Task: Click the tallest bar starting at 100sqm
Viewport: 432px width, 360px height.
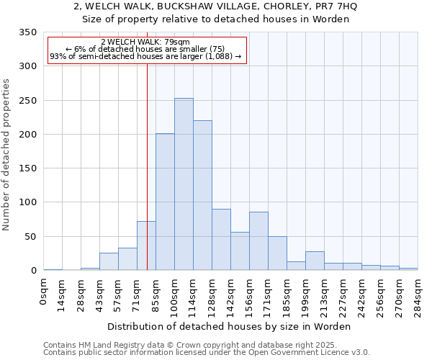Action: tap(184, 184)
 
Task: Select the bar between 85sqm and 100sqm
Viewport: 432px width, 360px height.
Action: tap(165, 202)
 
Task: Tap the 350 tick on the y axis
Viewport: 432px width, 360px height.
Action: tap(28, 32)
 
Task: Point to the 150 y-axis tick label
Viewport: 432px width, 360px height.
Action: tap(28, 168)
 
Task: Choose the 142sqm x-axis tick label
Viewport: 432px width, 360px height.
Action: tap(231, 295)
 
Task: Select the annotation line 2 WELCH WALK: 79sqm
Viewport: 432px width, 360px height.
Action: tap(146, 42)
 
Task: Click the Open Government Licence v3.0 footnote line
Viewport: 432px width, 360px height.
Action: tap(207, 353)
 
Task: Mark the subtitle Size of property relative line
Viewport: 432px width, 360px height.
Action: tap(216, 19)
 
